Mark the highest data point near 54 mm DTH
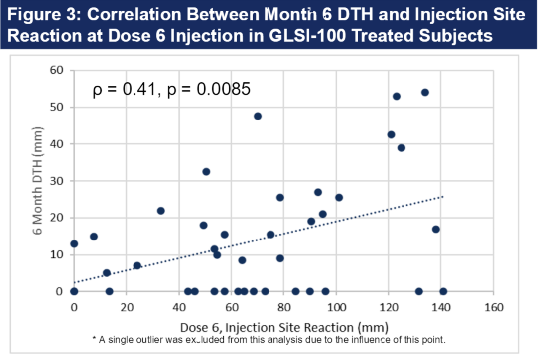click(x=425, y=92)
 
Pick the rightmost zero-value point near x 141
click(x=443, y=291)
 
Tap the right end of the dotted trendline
click(x=442, y=196)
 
